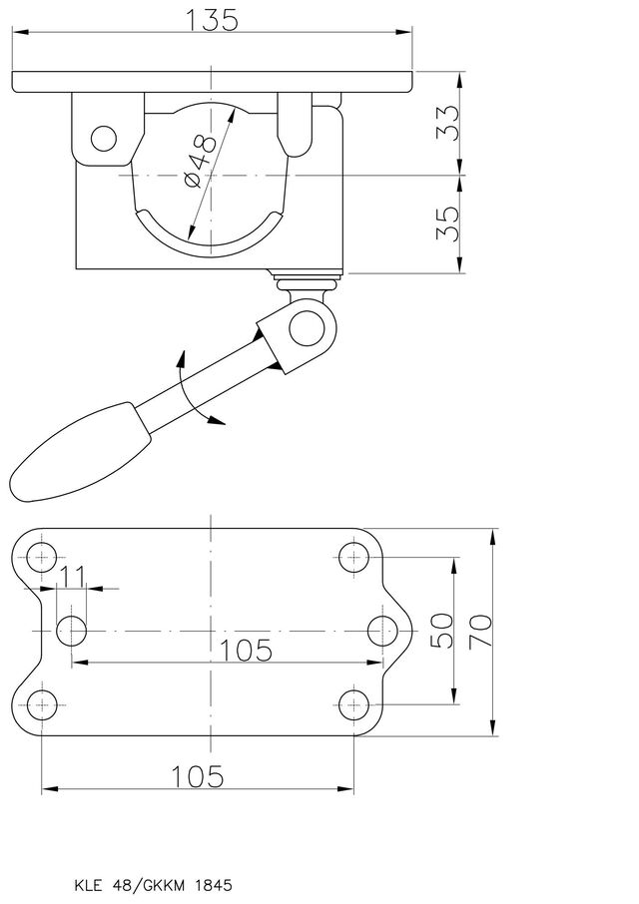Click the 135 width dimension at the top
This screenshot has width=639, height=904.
click(212, 20)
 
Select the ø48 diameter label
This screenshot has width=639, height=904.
click(202, 161)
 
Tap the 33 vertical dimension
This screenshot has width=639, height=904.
click(447, 122)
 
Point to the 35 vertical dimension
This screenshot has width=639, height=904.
click(447, 224)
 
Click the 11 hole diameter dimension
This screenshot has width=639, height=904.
click(73, 576)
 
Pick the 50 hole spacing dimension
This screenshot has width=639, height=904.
click(443, 631)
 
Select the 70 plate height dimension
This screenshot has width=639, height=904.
click(480, 631)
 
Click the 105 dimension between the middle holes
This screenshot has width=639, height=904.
click(247, 651)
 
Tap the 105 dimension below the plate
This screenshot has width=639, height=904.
click(198, 776)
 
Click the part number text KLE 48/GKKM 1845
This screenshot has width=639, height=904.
click(154, 885)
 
